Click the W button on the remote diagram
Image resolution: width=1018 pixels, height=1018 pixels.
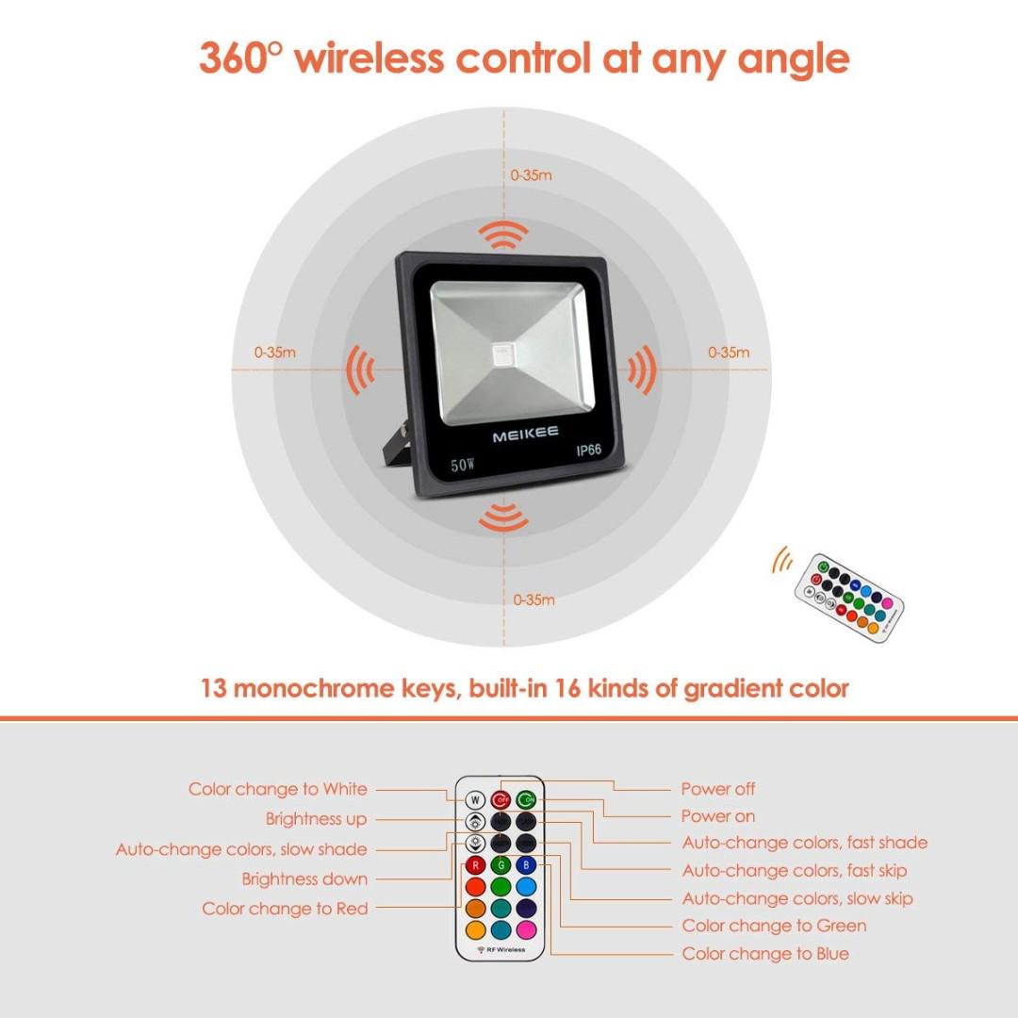(475, 799)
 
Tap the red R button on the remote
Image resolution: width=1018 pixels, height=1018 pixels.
(475, 865)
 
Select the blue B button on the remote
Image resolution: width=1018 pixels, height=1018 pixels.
(526, 865)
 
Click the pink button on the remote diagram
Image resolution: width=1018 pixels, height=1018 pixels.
(526, 929)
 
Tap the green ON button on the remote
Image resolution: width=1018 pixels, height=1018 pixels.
(526, 799)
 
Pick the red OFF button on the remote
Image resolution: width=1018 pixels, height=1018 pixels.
(501, 799)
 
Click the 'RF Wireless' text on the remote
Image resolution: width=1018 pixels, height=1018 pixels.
(501, 949)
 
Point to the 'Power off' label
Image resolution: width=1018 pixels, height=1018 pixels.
(718, 789)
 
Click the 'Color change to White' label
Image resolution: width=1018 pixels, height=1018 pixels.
(278, 789)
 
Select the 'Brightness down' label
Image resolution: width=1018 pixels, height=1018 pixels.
(304, 879)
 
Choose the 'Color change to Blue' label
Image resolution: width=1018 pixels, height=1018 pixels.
(765, 954)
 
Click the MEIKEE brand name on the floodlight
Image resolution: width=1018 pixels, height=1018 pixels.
(525, 433)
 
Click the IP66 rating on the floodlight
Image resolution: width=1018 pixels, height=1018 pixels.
(588, 450)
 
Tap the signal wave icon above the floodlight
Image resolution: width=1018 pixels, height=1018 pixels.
(503, 233)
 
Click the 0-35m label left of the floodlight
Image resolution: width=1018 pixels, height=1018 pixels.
(275, 353)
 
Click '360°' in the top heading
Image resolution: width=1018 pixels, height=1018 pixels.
(240, 58)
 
